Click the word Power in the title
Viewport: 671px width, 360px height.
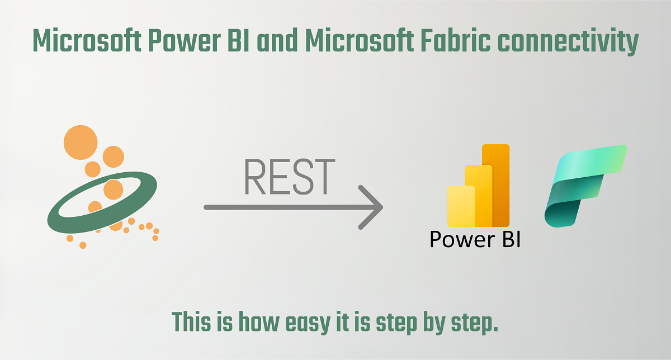click(x=185, y=40)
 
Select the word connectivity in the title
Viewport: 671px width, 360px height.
click(x=568, y=42)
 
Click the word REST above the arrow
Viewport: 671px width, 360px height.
click(x=290, y=177)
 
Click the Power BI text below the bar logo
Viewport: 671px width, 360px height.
click(x=475, y=239)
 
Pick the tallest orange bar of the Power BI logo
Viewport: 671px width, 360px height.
click(x=496, y=186)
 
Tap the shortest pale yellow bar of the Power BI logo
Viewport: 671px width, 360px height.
click(x=461, y=206)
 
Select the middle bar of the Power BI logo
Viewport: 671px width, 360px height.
click(x=479, y=196)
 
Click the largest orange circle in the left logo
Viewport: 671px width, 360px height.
click(x=81, y=142)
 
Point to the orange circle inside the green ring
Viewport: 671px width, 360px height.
click(x=113, y=190)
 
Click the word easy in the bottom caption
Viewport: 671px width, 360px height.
click(x=308, y=323)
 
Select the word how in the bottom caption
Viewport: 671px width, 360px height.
click(x=258, y=321)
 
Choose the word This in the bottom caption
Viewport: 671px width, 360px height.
click(x=191, y=321)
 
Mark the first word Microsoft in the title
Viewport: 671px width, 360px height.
click(x=87, y=40)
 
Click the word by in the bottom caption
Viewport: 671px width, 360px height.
click(x=434, y=323)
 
